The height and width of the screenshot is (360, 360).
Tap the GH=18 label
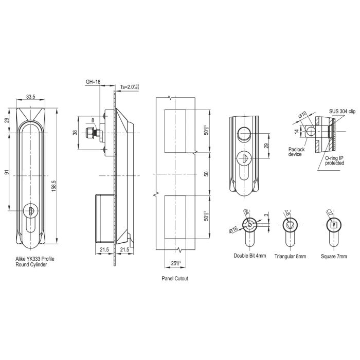[94, 81]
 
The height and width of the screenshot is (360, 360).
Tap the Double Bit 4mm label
[250, 256]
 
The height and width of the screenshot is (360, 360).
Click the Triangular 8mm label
[291, 256]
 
